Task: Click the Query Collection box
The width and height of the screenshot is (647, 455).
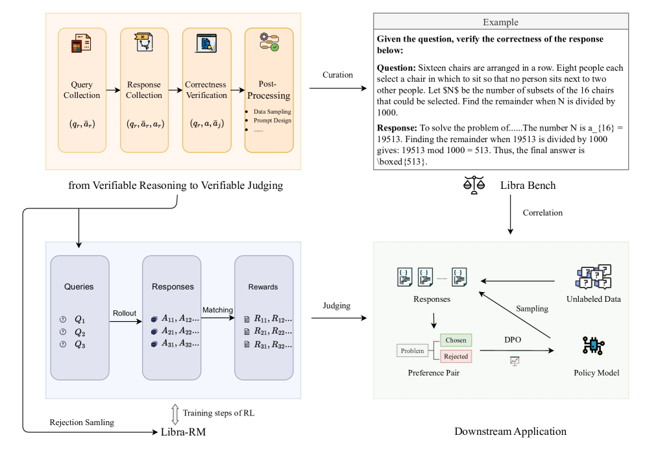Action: (82, 90)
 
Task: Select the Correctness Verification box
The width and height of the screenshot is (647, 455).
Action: (206, 90)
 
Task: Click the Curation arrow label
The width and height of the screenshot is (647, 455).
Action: (337, 75)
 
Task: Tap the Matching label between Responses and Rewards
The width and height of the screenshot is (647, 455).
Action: (217, 310)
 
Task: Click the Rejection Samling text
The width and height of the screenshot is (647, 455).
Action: (82, 423)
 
